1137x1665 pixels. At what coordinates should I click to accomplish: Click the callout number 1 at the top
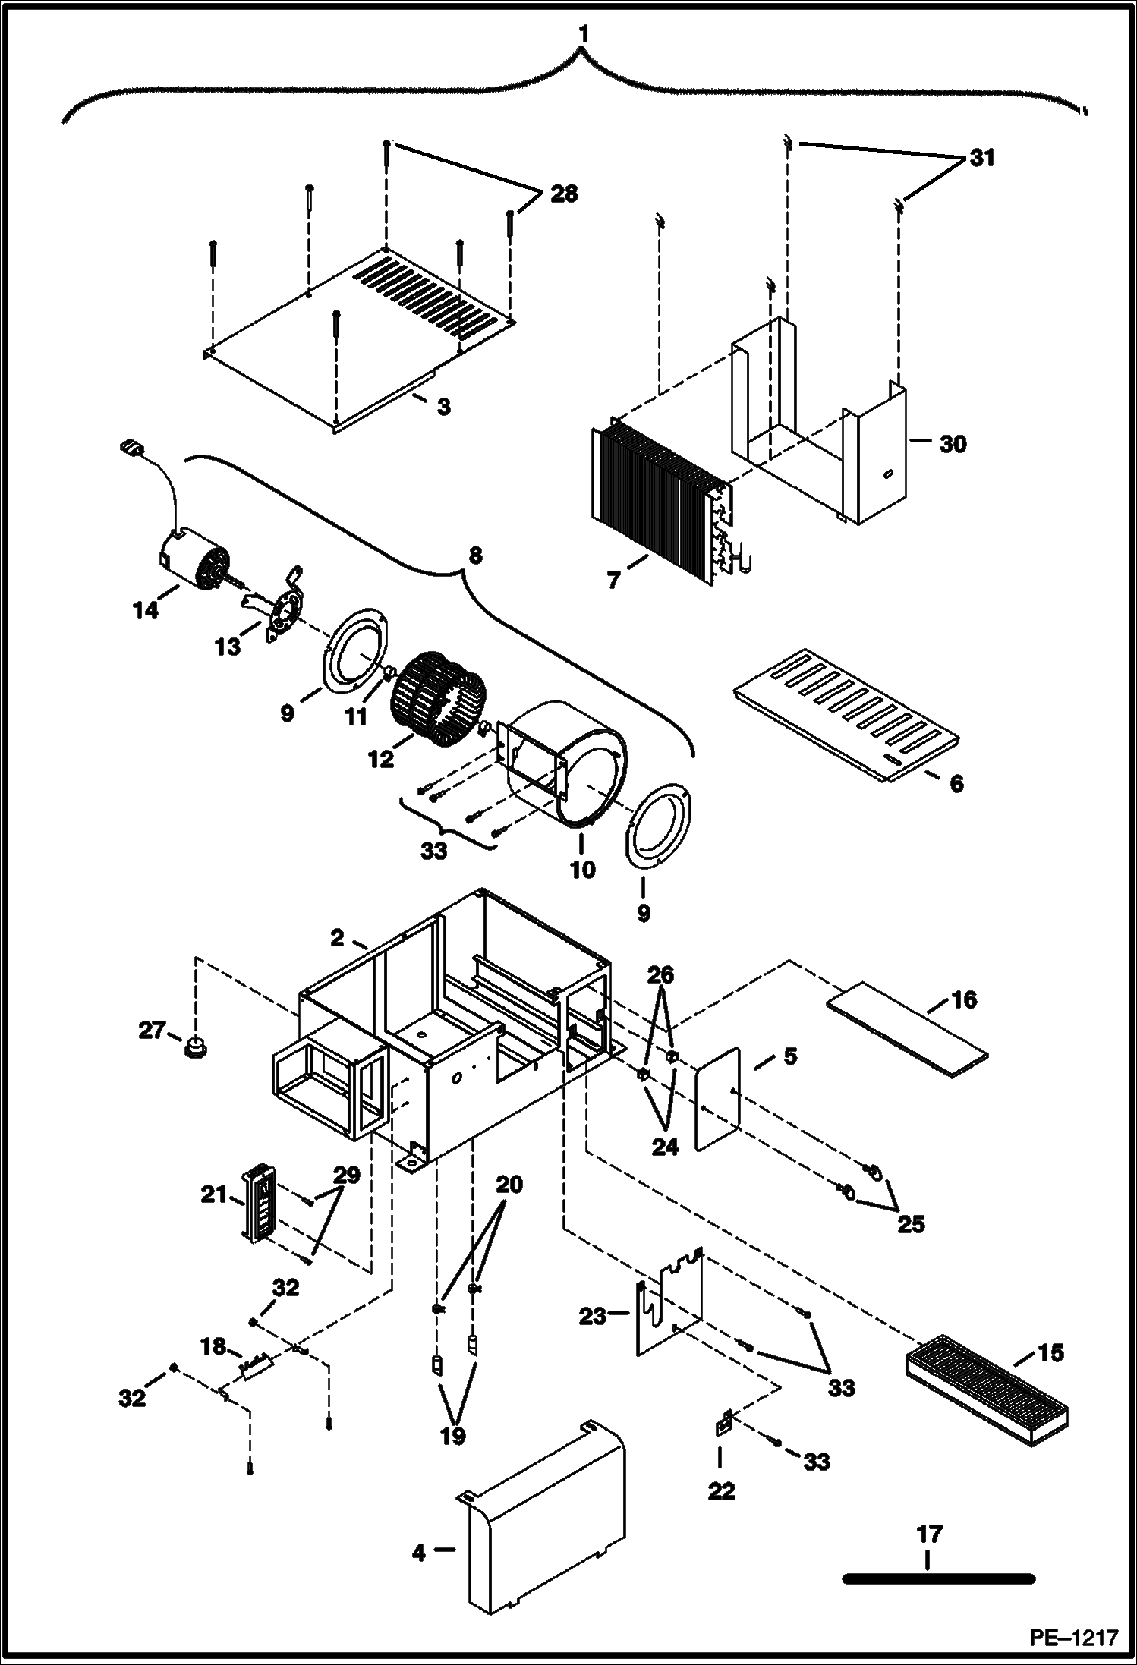point(582,36)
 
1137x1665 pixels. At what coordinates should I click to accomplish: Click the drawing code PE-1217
point(1073,1638)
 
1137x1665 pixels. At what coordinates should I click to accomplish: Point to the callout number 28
point(564,194)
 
